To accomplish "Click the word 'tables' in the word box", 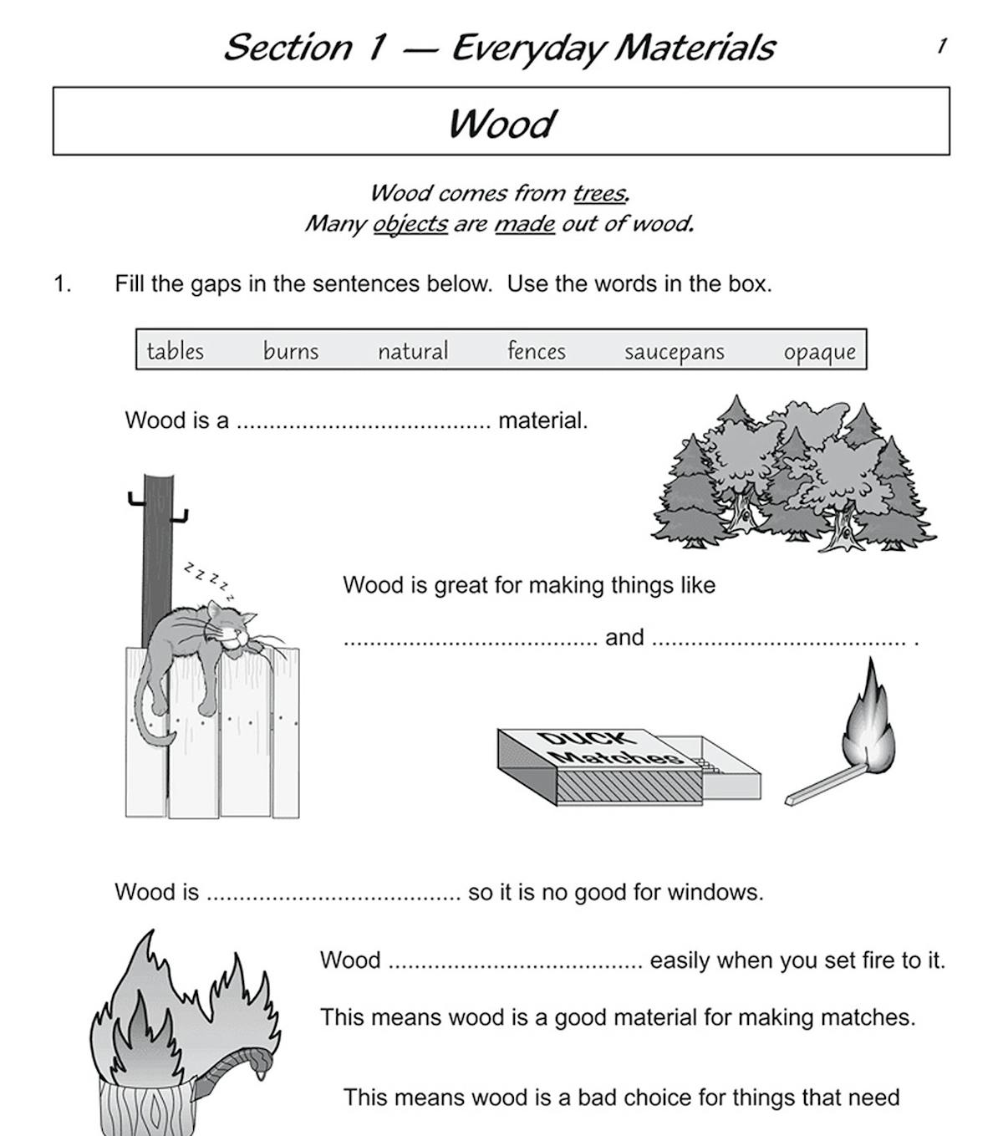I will click(175, 350).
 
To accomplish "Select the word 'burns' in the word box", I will click(291, 350).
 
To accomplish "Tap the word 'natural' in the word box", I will click(413, 350).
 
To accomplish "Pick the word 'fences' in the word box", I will click(537, 350).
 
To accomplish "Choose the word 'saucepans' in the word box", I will click(675, 352).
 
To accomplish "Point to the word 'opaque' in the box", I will click(820, 352).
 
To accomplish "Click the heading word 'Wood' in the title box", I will click(501, 124).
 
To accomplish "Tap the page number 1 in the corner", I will click(942, 46).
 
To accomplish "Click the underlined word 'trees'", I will click(600, 194).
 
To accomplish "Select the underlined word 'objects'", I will click(410, 224).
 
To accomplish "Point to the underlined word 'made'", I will click(525, 224).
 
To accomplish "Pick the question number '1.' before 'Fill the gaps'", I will click(63, 284).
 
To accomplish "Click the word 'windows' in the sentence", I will click(718, 893).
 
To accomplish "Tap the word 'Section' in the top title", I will click(288, 47).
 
